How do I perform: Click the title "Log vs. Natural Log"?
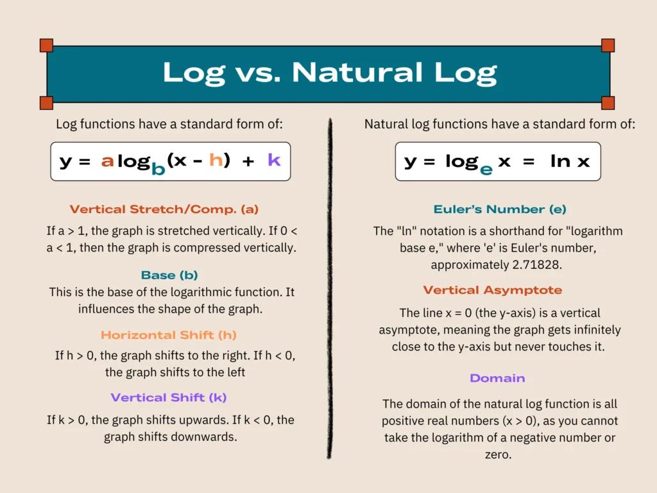329,73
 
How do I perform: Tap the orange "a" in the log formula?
107,161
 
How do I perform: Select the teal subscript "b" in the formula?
158,169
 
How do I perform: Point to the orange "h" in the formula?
216,161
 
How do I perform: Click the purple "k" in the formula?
274,160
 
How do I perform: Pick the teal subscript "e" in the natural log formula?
486,169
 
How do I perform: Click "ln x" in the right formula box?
569,162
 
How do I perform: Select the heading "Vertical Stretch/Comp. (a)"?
164,209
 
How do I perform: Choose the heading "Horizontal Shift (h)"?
169,335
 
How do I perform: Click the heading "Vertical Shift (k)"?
169,397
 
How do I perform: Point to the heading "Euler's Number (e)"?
500,209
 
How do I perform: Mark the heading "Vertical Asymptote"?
492,290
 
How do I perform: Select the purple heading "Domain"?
497,378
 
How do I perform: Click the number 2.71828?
538,264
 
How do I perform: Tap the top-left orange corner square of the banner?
46,45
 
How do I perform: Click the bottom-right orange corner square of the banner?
608,103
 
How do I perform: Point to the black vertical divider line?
330,289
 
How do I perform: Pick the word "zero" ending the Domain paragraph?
500,454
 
